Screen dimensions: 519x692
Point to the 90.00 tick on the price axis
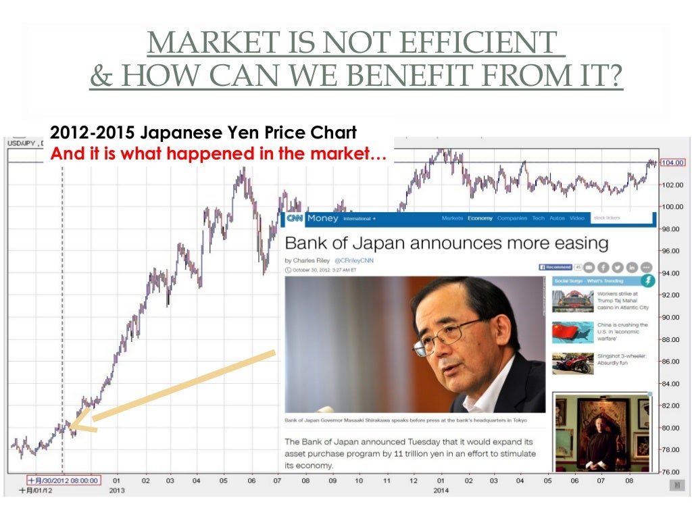click(x=672, y=317)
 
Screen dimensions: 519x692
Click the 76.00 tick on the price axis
click(x=672, y=472)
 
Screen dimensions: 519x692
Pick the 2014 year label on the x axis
click(x=440, y=491)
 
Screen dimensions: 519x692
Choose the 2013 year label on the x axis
click(x=117, y=491)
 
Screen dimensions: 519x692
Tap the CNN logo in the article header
click(x=295, y=218)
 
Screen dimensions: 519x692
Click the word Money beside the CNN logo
click(x=322, y=218)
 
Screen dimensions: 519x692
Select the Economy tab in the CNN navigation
click(x=480, y=218)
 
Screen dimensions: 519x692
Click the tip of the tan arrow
click(x=71, y=426)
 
